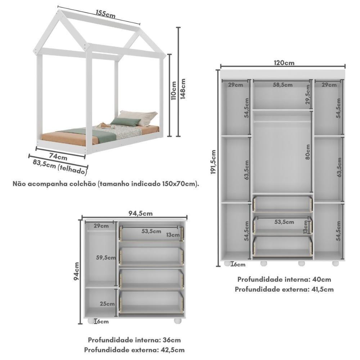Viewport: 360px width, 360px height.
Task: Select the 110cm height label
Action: [x=174, y=90]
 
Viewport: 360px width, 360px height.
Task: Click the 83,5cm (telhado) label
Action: [x=60, y=166]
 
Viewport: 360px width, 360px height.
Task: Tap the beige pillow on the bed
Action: [x=146, y=117]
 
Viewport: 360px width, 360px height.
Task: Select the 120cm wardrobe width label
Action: [x=284, y=63]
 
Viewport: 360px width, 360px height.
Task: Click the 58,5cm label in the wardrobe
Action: [x=283, y=85]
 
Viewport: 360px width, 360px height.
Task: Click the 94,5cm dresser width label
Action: [x=140, y=213]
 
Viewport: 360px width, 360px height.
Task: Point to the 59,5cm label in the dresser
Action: [x=106, y=257]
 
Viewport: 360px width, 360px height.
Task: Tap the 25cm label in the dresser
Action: [x=107, y=304]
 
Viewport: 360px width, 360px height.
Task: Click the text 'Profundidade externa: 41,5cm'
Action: [x=284, y=289]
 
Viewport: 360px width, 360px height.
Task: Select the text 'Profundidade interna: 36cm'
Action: [x=134, y=340]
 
